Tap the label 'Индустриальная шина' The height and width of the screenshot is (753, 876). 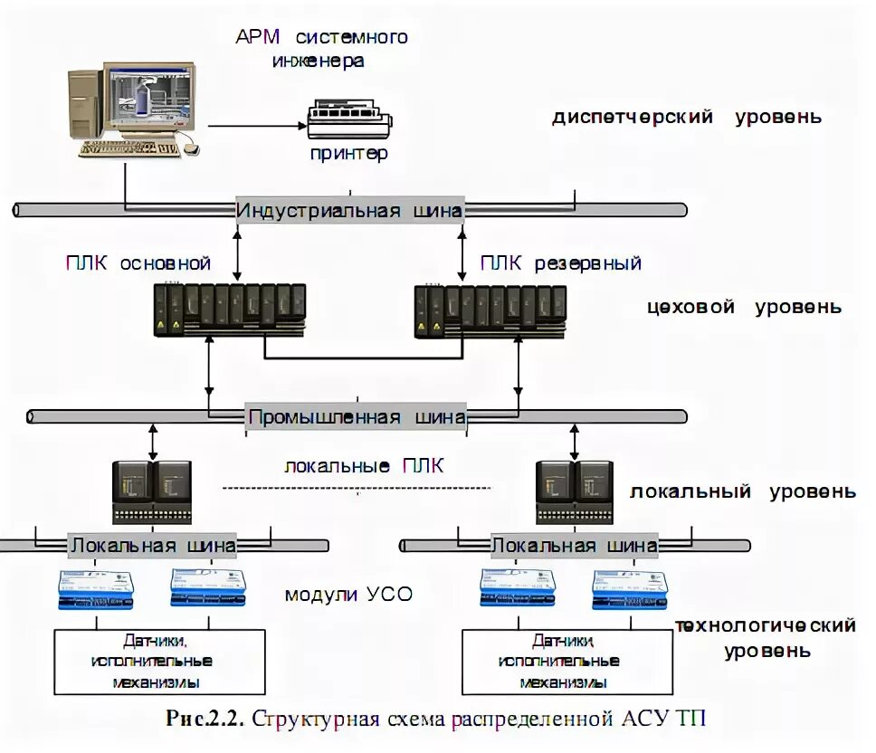tap(350, 211)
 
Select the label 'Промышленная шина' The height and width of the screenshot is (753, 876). tap(357, 417)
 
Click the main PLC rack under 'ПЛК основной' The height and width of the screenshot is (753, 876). tap(230, 310)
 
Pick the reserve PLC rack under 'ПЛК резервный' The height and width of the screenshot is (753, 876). tap(490, 310)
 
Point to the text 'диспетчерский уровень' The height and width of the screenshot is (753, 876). tap(687, 117)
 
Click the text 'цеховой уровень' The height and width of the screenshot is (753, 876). tap(744, 307)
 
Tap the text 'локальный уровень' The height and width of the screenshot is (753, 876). tap(742, 492)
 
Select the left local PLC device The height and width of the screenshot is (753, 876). tap(152, 491)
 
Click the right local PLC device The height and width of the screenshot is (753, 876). tap(576, 491)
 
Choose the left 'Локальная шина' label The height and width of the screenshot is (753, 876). tap(153, 546)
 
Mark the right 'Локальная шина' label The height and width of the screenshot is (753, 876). tap(574, 546)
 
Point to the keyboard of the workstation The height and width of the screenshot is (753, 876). tap(127, 148)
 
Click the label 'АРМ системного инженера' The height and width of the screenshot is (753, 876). tap(321, 49)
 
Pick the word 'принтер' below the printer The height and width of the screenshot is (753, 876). tap(348, 153)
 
